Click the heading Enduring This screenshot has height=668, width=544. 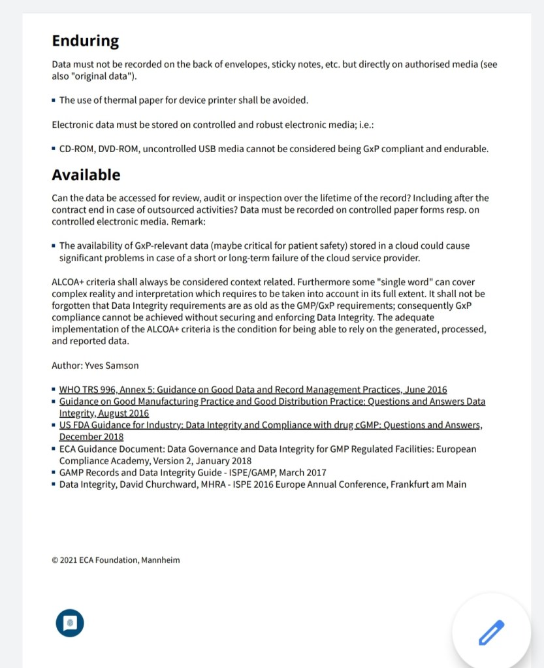click(85, 41)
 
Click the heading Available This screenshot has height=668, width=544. click(86, 175)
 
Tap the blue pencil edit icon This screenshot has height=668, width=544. click(492, 632)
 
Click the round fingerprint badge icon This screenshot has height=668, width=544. click(70, 622)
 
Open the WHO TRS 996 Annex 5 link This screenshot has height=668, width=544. click(253, 390)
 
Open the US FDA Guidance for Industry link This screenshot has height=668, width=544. click(270, 425)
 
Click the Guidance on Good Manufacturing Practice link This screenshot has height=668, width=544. click(272, 402)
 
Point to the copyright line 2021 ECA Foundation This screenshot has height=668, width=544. click(116, 560)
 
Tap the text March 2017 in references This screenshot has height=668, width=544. click(302, 473)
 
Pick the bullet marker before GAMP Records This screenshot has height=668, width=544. click(54, 473)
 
